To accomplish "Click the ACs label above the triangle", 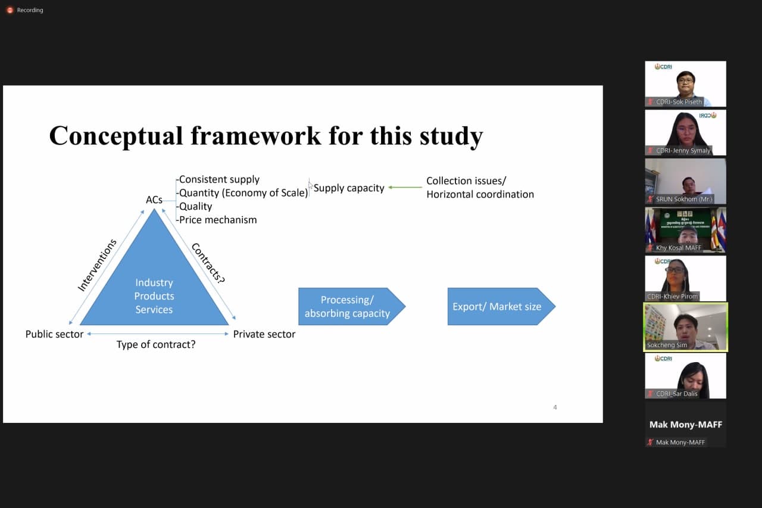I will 154,200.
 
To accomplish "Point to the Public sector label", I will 54,334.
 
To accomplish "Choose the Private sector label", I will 264,334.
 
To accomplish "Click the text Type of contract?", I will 156,344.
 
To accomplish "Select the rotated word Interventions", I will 97,265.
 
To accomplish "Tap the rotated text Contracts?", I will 208,263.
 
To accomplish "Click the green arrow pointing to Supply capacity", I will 405,188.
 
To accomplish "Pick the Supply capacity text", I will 349,188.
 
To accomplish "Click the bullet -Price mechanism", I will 217,220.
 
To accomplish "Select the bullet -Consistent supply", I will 218,179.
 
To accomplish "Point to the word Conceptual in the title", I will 115,135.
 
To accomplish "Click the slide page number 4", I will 555,407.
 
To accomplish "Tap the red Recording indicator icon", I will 10,10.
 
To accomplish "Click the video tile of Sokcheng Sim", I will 685,326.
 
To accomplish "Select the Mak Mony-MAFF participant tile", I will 685,425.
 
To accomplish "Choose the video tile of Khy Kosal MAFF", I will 685,229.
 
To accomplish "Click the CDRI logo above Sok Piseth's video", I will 663,67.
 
